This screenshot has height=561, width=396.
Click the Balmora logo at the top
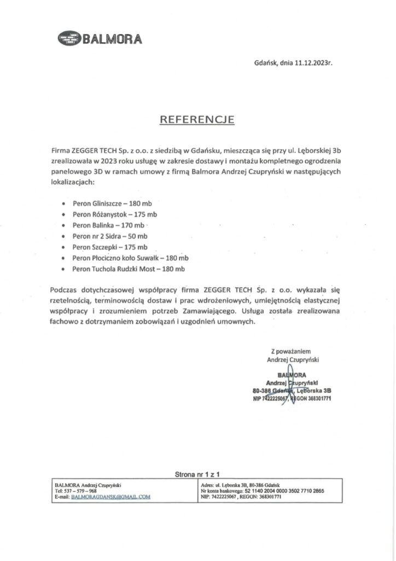pos(99,38)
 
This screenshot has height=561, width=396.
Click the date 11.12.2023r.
pos(313,63)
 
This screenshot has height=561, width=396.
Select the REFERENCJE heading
pos(197,119)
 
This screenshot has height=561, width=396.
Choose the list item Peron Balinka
pos(108,225)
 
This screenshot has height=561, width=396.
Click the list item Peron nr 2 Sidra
pos(109,236)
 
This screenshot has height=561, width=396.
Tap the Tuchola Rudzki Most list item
pos(129,269)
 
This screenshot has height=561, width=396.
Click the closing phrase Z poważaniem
pos(293,351)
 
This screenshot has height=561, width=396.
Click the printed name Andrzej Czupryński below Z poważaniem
pos(293,360)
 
